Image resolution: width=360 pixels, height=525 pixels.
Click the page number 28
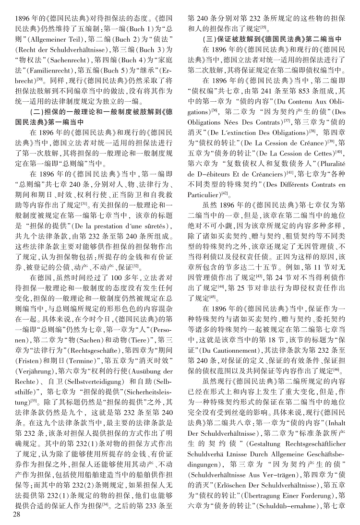click(x=18, y=514)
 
